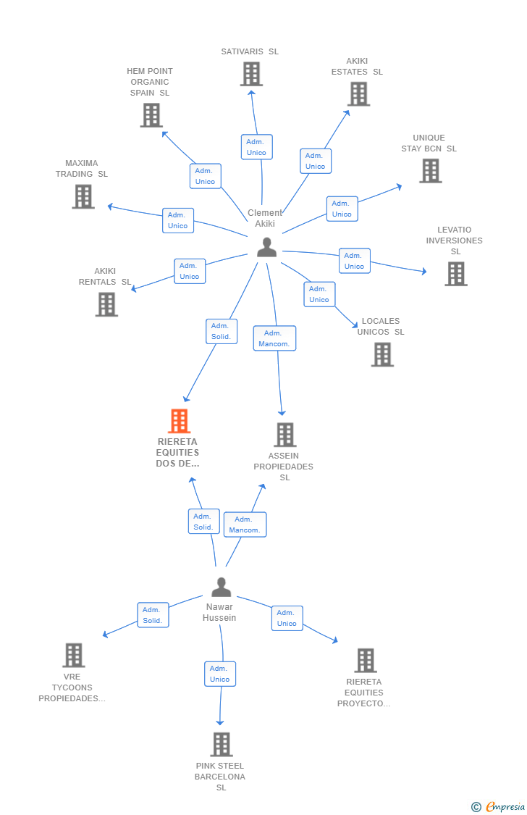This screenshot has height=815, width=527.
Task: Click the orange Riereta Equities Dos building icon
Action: pos(179,421)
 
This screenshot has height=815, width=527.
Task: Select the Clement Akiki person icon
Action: pos(266,248)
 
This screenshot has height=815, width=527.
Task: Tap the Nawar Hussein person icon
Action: pos(221,587)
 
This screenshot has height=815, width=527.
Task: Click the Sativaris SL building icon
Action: pos(251,74)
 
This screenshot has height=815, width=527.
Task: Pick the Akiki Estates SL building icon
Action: pos(358,94)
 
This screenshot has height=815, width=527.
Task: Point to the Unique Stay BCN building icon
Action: pos(430,171)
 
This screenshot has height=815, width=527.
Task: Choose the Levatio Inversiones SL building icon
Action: pos(455,274)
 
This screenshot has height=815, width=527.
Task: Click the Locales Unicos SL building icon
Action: pos(382,355)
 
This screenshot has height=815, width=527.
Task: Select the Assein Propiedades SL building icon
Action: pos(284,435)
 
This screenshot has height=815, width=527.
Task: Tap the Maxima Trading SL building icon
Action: pos(83,196)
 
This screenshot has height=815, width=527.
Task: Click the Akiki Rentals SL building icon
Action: pos(106,304)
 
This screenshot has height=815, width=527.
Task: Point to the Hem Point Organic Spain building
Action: pos(151,115)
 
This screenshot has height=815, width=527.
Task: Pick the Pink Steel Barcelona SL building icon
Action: pos(221,744)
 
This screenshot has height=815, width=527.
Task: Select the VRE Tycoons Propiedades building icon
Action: pos(73,655)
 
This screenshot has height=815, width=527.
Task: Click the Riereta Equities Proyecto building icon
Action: pos(366,660)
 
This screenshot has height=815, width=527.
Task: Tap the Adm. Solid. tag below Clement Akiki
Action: pos(221,331)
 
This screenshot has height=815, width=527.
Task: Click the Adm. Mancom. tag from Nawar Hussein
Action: pos(245,524)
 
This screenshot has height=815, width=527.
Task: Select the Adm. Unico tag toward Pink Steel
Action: pos(219,674)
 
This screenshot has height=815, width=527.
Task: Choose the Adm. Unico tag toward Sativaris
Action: pos(256,147)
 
